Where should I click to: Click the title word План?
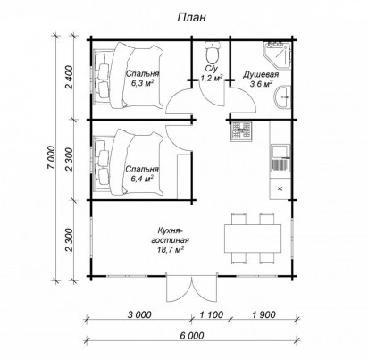(x=191, y=17)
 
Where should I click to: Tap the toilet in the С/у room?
(x=213, y=51)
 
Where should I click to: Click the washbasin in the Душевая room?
(x=283, y=96)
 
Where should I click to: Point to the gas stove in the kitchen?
(x=241, y=130)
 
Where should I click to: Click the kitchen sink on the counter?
(x=280, y=158)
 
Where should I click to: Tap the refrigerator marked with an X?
(x=280, y=188)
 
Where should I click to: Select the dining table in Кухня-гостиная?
(x=253, y=239)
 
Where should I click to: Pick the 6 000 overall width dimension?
(x=192, y=336)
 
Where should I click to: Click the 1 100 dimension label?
(x=211, y=314)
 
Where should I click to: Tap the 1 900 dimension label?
(x=263, y=314)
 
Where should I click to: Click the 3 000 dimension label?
(x=139, y=314)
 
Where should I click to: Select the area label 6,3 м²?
(x=142, y=83)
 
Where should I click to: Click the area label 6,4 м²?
(x=142, y=179)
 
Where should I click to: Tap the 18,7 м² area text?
(x=170, y=249)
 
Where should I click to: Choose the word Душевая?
(x=261, y=74)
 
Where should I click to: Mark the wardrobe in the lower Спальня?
(x=184, y=176)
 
